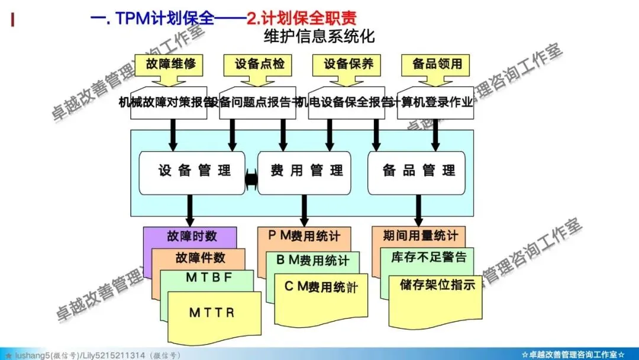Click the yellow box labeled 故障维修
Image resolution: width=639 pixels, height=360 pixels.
tap(170, 63)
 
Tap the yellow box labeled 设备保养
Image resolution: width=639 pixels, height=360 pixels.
tap(348, 63)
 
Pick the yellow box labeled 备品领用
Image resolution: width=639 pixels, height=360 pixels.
tap(437, 63)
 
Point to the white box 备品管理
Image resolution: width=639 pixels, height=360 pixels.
tap(419, 172)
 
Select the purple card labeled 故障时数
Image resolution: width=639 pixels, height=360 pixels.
tap(191, 236)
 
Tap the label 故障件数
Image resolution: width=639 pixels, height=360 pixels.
tap(200, 258)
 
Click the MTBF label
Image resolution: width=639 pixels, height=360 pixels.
tap(209, 277)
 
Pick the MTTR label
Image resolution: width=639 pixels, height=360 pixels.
tap(212, 313)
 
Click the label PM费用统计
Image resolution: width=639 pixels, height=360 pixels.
tap(304, 236)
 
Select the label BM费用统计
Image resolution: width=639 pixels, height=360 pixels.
tap(313, 260)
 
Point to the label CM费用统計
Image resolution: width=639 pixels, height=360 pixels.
tap(322, 288)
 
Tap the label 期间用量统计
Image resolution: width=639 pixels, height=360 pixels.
tap(420, 236)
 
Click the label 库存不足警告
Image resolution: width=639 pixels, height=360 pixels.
tap(429, 257)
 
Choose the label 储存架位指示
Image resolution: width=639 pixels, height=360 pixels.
tap(437, 285)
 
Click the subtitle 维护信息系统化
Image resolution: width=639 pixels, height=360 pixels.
tap(319, 36)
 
